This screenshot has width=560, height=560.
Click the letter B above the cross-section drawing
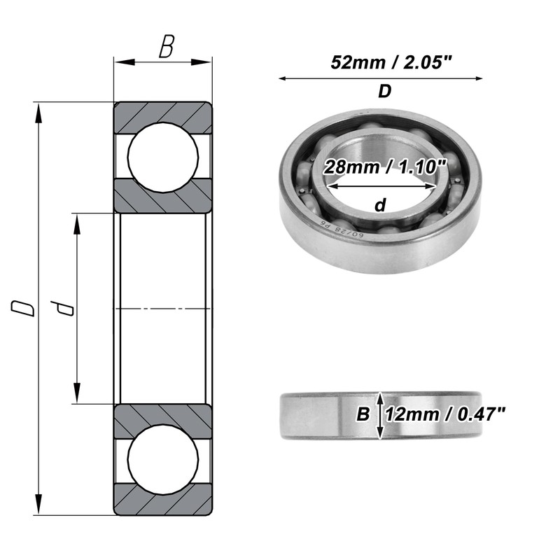pyautogui.click(x=167, y=46)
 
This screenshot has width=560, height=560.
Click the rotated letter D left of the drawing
pyautogui.click(x=23, y=308)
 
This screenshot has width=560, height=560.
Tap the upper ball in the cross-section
pyautogui.click(x=163, y=157)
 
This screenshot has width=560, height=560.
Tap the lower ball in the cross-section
pyautogui.click(x=163, y=459)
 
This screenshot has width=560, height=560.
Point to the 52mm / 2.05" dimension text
pyautogui.click(x=391, y=62)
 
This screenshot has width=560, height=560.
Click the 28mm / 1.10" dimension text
pyautogui.click(x=385, y=167)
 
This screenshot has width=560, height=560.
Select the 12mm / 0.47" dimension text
pyautogui.click(x=445, y=414)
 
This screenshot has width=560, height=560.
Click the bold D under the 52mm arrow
pyautogui.click(x=384, y=92)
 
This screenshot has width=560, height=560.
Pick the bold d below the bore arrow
pyautogui.click(x=380, y=205)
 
